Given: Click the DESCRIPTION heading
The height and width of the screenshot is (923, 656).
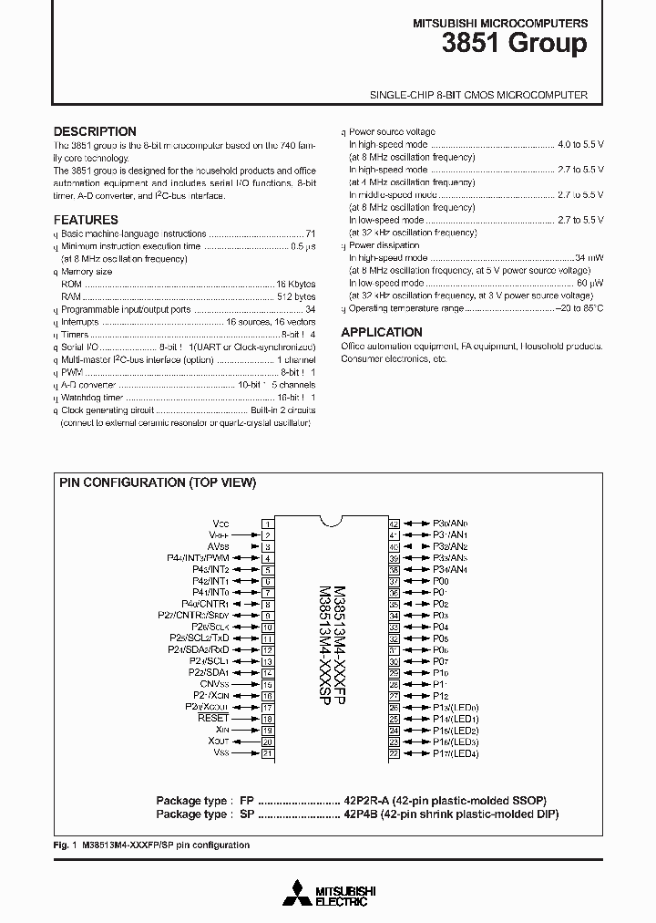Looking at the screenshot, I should pyautogui.click(x=95, y=131).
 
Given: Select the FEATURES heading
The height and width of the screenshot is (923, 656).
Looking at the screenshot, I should pyautogui.click(x=86, y=220).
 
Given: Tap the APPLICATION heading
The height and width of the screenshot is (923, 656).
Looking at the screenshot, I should pyautogui.click(x=382, y=332).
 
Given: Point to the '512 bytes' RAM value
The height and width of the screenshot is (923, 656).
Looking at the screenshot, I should pyautogui.click(x=296, y=297).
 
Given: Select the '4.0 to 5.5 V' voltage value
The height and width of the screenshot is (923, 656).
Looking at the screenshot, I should pyautogui.click(x=580, y=145).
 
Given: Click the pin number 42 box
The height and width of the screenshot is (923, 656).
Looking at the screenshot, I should pyautogui.click(x=395, y=524).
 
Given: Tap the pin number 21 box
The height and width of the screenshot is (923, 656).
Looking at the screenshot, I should pyautogui.click(x=268, y=753).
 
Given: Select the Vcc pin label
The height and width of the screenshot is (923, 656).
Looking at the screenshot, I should pyautogui.click(x=220, y=524).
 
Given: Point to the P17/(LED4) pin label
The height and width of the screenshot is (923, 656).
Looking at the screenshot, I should pyautogui.click(x=455, y=753).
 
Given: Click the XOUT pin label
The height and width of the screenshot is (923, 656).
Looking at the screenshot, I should pyautogui.click(x=217, y=742).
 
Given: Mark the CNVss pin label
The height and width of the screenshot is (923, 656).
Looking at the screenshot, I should pyautogui.click(x=214, y=684).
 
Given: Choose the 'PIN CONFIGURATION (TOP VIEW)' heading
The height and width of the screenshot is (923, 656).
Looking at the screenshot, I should pyautogui.click(x=158, y=482).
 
